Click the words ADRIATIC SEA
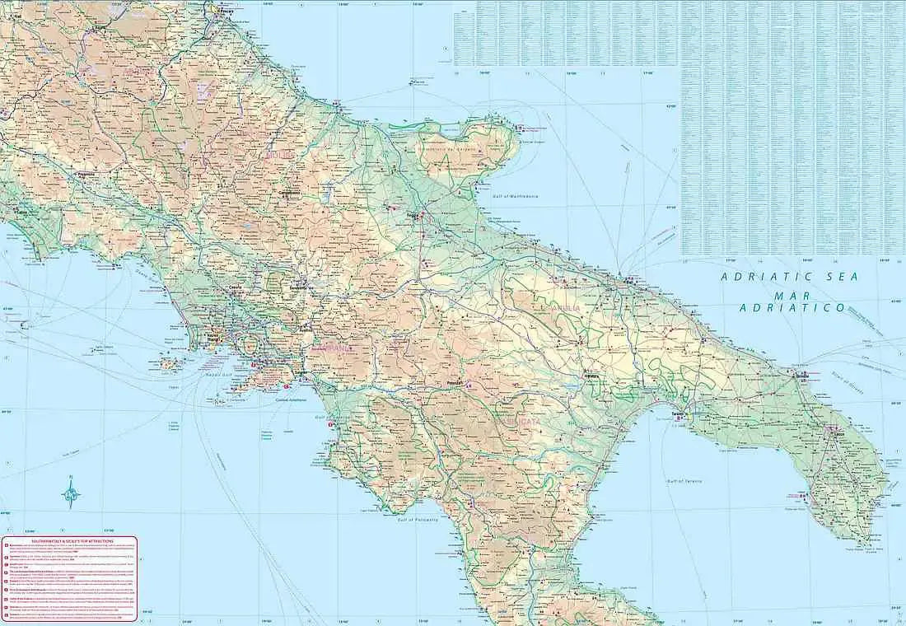tap(788, 278)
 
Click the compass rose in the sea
tap(72, 494)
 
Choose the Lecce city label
tap(838, 432)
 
